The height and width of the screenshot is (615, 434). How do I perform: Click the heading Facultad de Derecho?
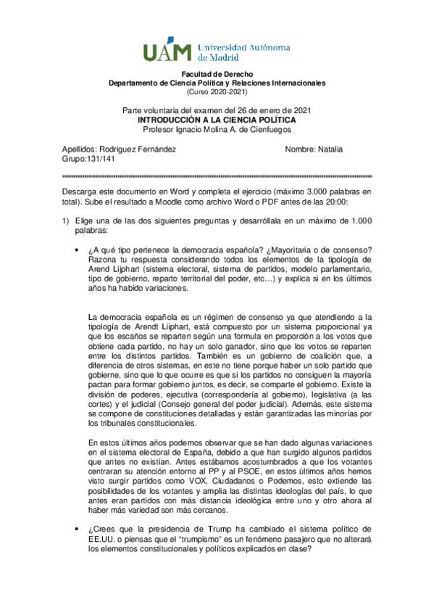(x=217, y=75)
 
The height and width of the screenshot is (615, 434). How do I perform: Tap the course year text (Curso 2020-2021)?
(x=217, y=92)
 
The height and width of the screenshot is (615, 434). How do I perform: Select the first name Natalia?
(x=330, y=149)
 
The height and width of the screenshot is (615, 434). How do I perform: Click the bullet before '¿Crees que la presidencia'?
(x=78, y=529)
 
